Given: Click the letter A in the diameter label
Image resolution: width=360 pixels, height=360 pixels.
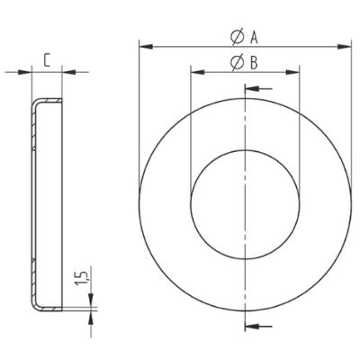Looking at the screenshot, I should coord(255,36).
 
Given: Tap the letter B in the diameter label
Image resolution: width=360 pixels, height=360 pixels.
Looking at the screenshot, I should coord(255,62).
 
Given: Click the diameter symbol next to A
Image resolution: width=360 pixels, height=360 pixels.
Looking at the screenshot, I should coord(235,36).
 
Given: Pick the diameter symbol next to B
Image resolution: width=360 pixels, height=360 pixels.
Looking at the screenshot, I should coord(235,62).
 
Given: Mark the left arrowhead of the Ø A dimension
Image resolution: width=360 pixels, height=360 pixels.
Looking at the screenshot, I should coord(143,43).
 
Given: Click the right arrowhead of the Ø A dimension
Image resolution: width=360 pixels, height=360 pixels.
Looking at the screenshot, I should coord(346,43).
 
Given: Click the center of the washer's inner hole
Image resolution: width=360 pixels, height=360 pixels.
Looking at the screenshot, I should coord(244,199).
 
